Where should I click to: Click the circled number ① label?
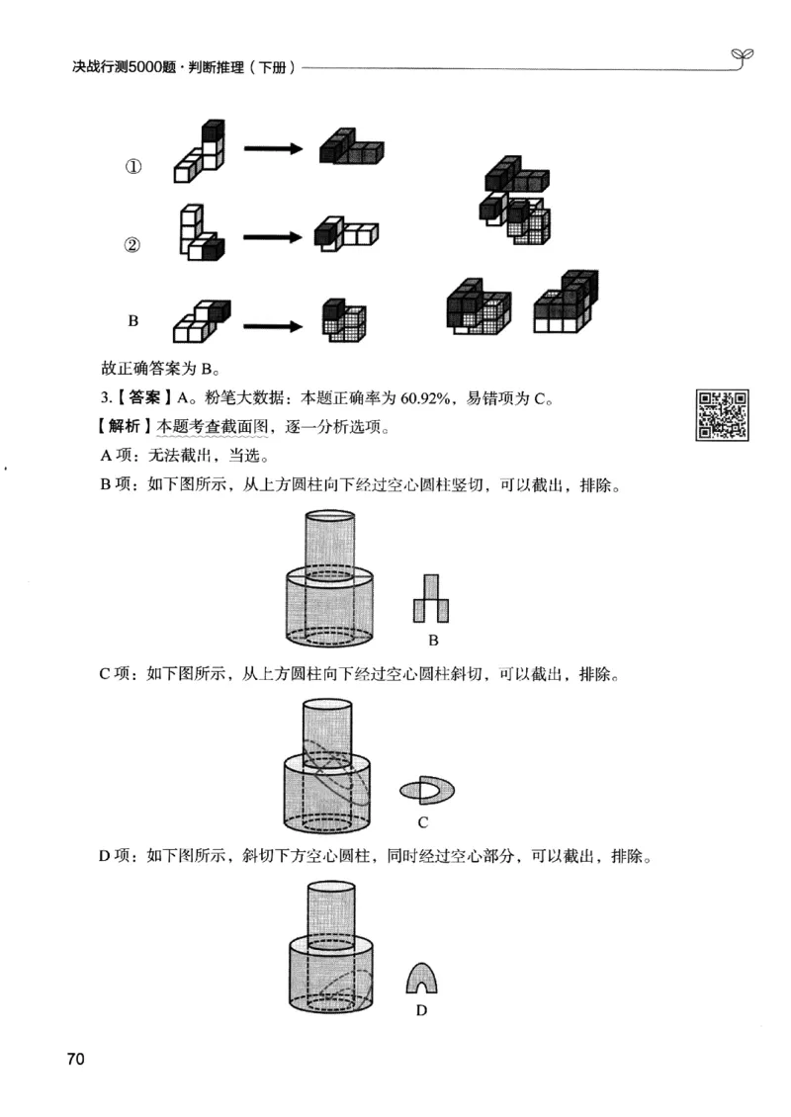click(x=132, y=168)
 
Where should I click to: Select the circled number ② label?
click(x=132, y=246)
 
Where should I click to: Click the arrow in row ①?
click(x=273, y=149)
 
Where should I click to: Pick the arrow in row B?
click(x=273, y=322)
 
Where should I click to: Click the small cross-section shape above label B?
click(x=432, y=599)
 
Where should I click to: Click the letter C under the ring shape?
click(x=422, y=822)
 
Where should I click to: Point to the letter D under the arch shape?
click(x=421, y=1010)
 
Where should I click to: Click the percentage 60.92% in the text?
click(x=426, y=399)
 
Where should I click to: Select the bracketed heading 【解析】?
click(x=125, y=429)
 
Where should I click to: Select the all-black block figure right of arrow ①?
click(x=350, y=148)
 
